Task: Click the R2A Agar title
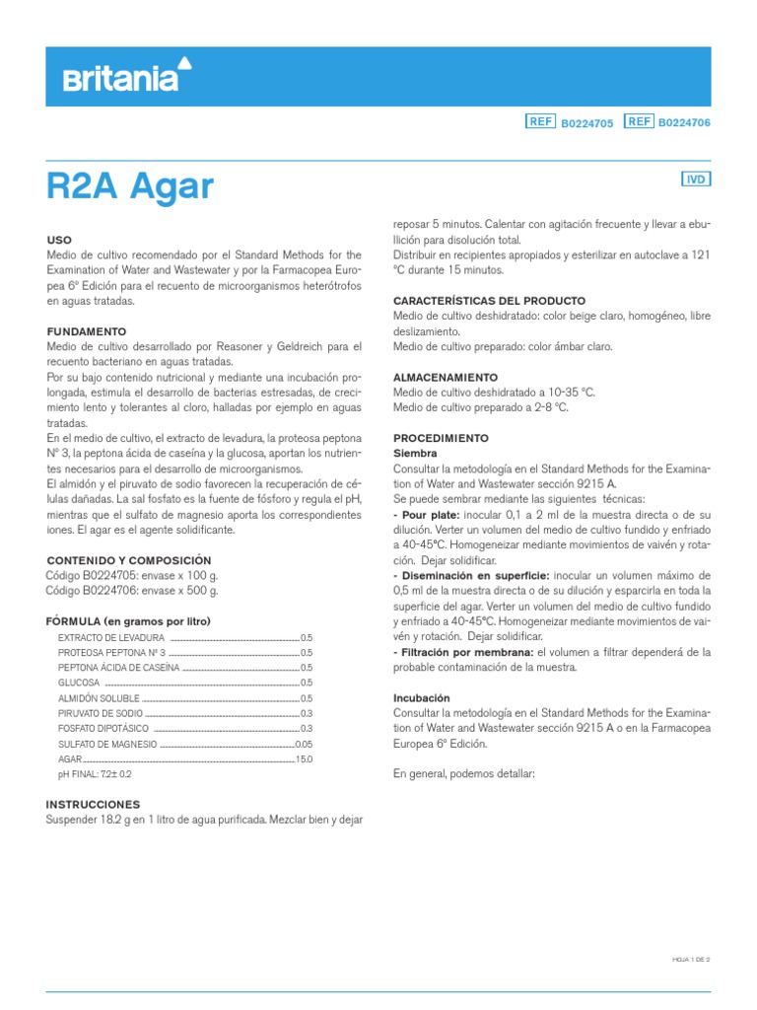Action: pos(130,185)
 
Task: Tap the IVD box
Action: pos(696,180)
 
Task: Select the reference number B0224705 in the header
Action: pos(586,122)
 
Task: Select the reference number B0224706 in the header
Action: pos(684,122)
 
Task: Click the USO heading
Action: pos(59,240)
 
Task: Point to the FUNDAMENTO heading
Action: pos(87,331)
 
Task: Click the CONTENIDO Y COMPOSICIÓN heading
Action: pos(129,559)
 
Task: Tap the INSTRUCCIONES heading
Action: pos(94,805)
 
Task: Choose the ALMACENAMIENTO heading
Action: pos(446,378)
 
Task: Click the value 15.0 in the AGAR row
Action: pos(303,759)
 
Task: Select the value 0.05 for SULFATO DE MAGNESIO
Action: pos(303,744)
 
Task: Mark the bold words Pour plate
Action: pos(426,515)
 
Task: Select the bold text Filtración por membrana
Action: pos(463,653)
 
